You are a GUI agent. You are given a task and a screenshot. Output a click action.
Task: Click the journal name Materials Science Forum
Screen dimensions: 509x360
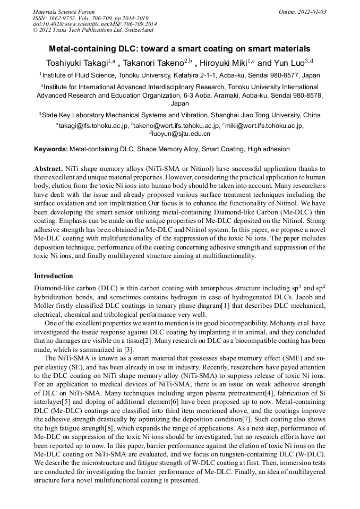(64, 12)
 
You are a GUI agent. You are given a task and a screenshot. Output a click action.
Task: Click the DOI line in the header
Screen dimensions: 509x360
(95, 24)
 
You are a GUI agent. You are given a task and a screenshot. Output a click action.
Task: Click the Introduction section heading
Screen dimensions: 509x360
(54, 276)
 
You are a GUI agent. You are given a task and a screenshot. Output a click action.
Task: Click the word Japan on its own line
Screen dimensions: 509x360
(180, 104)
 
